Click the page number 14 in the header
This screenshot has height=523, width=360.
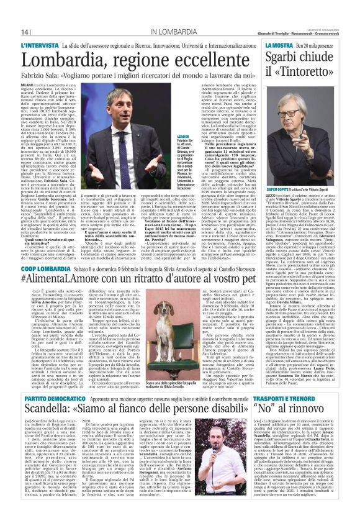click(x=26, y=32)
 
